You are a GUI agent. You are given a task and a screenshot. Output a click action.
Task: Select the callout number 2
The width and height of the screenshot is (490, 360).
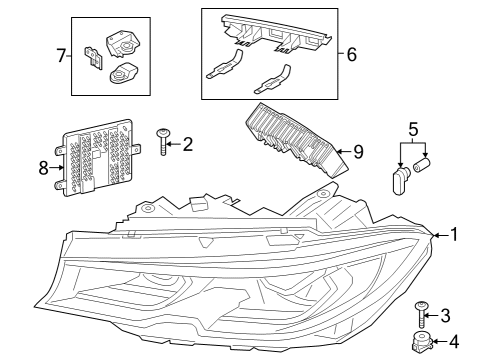(x=187, y=144)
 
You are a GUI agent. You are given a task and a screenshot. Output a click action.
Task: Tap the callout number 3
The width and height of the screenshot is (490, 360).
(x=447, y=315)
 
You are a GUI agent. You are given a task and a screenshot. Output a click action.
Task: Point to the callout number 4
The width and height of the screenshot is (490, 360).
(x=455, y=342)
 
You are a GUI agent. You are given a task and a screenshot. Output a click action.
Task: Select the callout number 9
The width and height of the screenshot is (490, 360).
(x=358, y=154)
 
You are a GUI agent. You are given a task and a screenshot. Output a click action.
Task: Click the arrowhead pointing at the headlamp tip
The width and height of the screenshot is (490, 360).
(x=435, y=235)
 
